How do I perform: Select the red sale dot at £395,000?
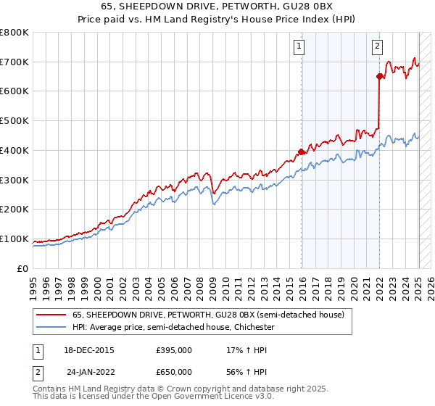(x=301, y=152)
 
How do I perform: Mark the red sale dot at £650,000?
(x=379, y=76)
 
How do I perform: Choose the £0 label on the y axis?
(x=22, y=268)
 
